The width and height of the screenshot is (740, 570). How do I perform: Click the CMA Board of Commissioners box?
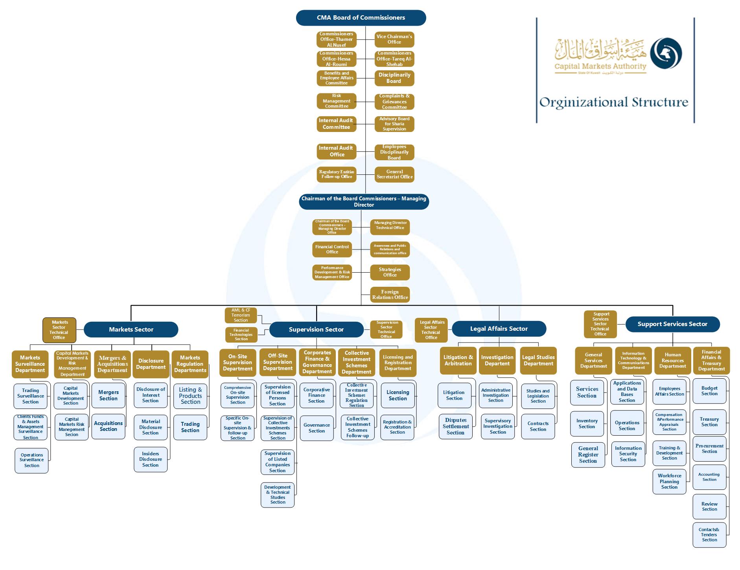point(361,18)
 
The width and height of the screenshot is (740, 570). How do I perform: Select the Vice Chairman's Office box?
point(394,39)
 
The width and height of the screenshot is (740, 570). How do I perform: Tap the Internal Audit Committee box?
point(336,124)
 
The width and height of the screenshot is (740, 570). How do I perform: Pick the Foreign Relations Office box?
point(390,295)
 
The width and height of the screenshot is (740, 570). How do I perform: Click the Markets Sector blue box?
point(131,329)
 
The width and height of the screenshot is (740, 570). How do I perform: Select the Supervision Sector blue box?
point(316,329)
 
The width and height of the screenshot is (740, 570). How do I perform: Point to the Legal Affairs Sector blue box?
point(499,329)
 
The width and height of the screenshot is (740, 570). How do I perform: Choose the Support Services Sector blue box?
point(672,324)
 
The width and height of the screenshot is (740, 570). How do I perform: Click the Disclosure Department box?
point(151,364)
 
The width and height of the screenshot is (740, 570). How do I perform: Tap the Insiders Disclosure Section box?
point(150,459)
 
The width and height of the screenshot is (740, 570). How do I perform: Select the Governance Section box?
point(317,428)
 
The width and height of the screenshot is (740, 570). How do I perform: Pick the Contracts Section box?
point(538,426)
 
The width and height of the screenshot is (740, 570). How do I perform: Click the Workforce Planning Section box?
point(669,481)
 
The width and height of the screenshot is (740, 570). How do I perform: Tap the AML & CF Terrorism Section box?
point(241,315)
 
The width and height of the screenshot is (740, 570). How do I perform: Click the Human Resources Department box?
point(672,361)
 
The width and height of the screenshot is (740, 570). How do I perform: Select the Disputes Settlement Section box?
point(455,426)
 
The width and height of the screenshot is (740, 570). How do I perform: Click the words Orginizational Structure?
point(613,103)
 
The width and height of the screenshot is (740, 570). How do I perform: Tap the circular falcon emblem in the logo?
point(666,53)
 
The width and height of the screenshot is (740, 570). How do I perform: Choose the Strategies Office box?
point(390,272)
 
